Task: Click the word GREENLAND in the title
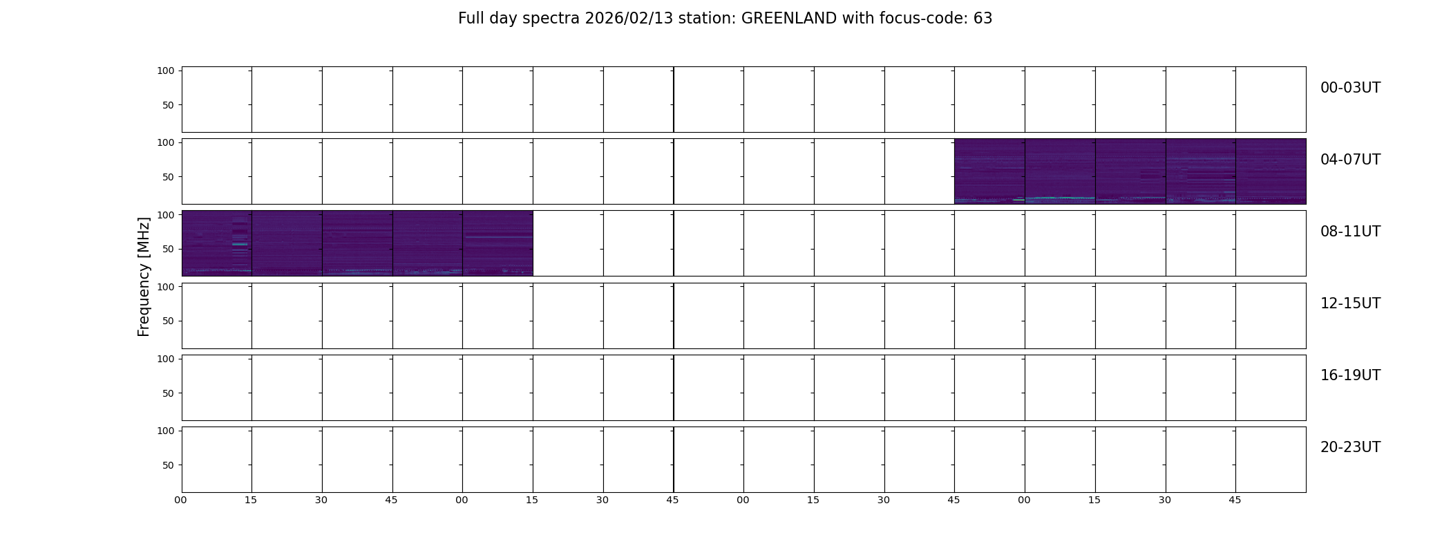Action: [789, 19]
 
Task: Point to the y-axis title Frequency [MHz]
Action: [144, 276]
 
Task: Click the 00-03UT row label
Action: [1350, 88]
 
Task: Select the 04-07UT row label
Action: [1350, 160]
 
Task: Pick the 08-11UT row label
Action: [1350, 232]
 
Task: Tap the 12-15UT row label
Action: [1350, 303]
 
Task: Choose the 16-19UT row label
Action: [1350, 375]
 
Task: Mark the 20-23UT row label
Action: [1350, 447]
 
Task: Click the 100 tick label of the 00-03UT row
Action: [166, 71]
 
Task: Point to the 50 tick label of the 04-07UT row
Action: [169, 177]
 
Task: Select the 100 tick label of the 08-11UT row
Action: [166, 215]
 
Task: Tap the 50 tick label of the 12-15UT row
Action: [169, 321]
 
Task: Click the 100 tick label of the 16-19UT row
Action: [166, 359]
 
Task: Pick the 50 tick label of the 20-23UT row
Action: [169, 465]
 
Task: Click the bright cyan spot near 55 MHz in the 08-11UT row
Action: [240, 244]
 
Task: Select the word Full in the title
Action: [471, 19]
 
